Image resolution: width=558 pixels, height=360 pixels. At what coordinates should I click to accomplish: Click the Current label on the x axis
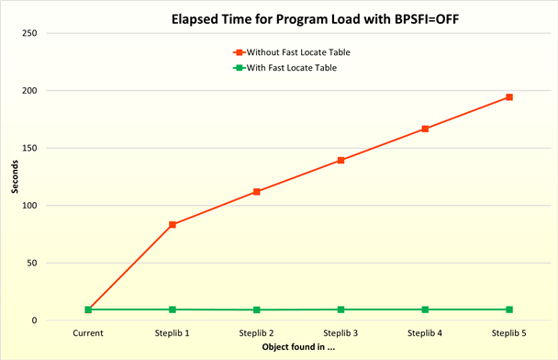88,333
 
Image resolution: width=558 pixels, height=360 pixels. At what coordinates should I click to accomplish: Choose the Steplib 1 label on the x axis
173,333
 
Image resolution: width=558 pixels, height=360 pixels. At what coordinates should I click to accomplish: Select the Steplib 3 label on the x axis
340,333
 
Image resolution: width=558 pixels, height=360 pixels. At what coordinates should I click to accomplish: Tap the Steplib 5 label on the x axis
509,333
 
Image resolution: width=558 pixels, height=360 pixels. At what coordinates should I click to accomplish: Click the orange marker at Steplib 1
173,225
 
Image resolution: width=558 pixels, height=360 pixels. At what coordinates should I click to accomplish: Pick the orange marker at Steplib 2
257,192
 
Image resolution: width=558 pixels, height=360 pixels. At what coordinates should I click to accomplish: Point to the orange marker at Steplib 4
425,129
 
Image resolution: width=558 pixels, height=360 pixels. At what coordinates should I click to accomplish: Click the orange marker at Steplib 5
509,97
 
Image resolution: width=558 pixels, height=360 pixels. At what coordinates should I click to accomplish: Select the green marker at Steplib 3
340,309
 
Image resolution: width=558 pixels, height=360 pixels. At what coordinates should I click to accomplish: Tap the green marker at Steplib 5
509,309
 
